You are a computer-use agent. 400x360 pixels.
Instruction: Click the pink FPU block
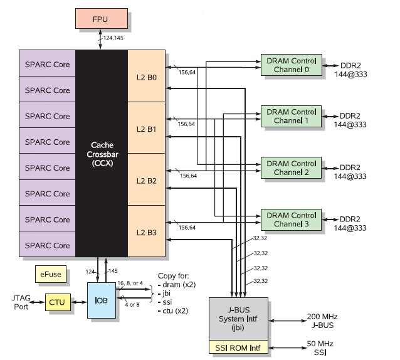pyautogui.click(x=102, y=19)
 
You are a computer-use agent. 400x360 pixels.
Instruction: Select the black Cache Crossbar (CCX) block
pyautogui.click(x=102, y=153)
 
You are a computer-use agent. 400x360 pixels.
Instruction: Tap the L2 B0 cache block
pyautogui.click(x=147, y=76)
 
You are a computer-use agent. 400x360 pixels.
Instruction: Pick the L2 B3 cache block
pyautogui.click(x=147, y=231)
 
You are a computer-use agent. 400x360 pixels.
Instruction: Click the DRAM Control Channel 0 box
pyautogui.click(x=292, y=65)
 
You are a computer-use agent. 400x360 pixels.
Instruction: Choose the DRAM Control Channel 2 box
pyautogui.click(x=291, y=167)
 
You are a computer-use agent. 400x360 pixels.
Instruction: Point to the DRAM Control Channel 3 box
pyautogui.click(x=291, y=220)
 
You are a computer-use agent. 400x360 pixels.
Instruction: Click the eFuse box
pyautogui.click(x=51, y=274)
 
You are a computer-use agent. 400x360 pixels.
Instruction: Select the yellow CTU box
pyautogui.click(x=58, y=302)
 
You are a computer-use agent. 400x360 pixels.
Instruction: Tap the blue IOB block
pyautogui.click(x=102, y=300)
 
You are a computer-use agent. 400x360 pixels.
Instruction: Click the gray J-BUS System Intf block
pyautogui.click(x=238, y=319)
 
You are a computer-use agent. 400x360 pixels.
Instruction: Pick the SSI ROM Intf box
pyautogui.click(x=238, y=347)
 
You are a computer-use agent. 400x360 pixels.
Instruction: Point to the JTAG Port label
pyautogui.click(x=21, y=302)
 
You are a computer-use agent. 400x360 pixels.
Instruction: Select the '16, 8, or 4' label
pyautogui.click(x=130, y=283)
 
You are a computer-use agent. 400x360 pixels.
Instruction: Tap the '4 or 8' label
pyautogui.click(x=132, y=305)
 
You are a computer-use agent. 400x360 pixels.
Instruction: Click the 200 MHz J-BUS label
pyautogui.click(x=322, y=320)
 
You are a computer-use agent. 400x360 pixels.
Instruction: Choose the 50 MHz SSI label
pyautogui.click(x=320, y=348)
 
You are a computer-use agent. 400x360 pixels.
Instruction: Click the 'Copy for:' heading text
pyautogui.click(x=174, y=276)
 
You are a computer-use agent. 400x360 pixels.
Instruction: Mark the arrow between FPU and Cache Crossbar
pyautogui.click(x=100, y=40)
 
